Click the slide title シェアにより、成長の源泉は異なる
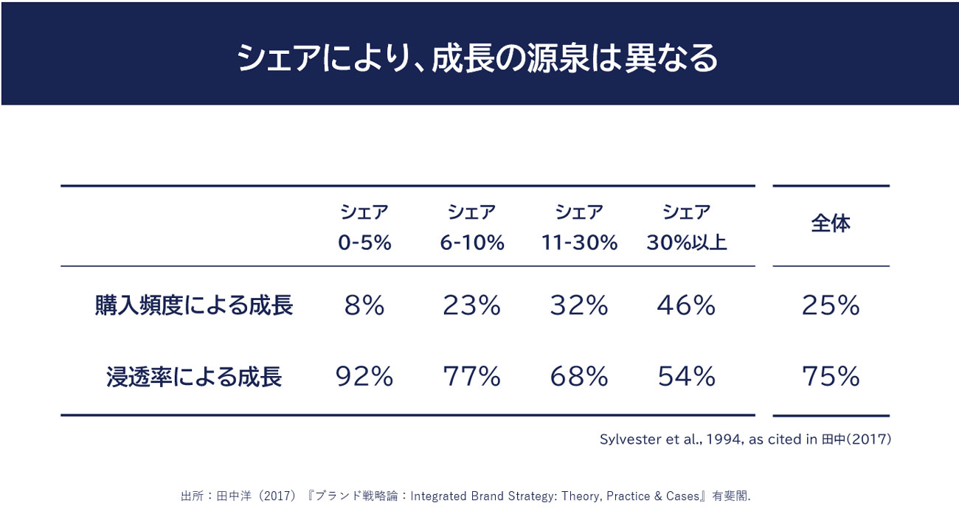pos(477,58)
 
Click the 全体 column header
pos(831,224)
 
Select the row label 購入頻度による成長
pos(194,305)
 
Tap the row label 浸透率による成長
pos(194,377)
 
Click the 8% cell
pos(364,305)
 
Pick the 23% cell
pos(472,305)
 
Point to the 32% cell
pos(579,305)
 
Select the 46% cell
pos(687,305)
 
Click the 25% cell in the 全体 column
pos(831,305)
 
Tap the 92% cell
pos(364,377)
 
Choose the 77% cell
pos(472,377)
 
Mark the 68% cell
pos(579,377)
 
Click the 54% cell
pos(687,377)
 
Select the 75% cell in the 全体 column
pos(831,377)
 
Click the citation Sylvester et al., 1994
pos(745,440)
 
